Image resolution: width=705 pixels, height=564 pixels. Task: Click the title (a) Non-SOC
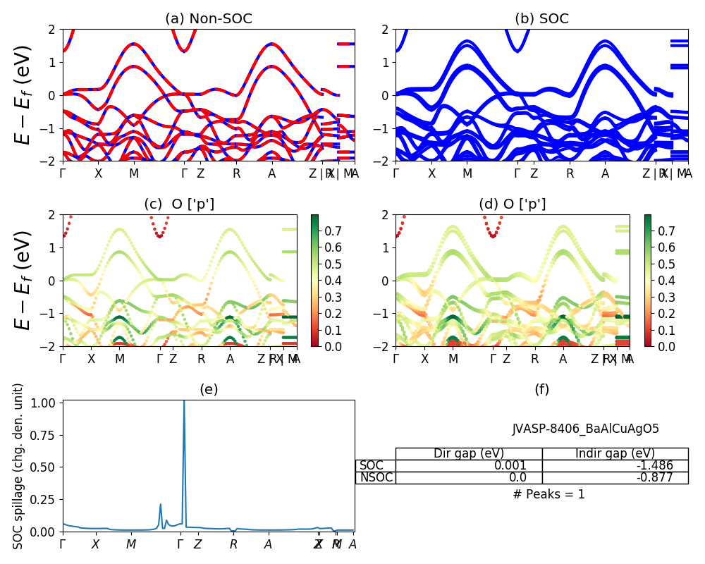tap(208, 19)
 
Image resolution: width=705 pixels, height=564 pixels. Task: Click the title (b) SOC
tap(541, 19)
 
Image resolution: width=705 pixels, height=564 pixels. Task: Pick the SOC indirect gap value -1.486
tap(653, 465)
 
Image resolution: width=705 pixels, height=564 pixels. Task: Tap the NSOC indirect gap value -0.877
tap(653, 477)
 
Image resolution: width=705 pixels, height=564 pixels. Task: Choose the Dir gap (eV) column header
tap(469, 453)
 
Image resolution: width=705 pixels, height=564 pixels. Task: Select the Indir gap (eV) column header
tap(615, 453)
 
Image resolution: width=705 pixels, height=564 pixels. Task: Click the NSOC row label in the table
tap(376, 477)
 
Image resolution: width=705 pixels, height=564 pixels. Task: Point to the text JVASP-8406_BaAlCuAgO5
tap(585, 429)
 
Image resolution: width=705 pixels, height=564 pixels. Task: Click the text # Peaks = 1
tap(548, 494)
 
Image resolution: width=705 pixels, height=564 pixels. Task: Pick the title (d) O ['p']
tap(513, 204)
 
